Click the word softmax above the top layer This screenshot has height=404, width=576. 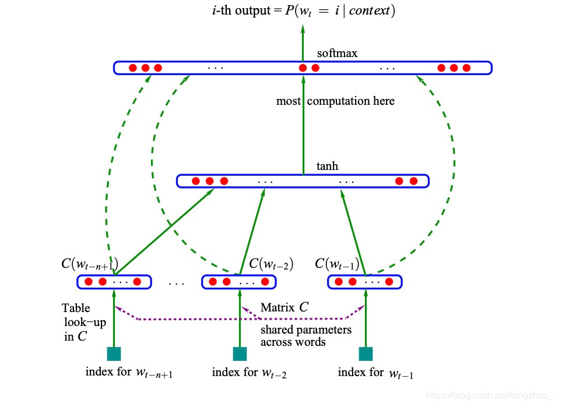tap(337, 54)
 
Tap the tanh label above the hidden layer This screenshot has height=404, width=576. tap(327, 166)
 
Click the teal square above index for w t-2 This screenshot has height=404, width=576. tap(240, 354)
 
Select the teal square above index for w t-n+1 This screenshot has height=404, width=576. tap(114, 354)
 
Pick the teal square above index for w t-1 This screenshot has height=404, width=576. tap(366, 354)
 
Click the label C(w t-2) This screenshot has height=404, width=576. tap(271, 264)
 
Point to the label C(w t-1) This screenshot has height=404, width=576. tap(336, 264)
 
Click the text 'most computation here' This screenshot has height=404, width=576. tap(335, 101)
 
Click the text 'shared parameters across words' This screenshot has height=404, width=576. tap(305, 336)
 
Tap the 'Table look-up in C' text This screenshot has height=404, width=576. tap(83, 322)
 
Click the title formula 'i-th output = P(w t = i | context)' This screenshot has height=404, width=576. tap(303, 10)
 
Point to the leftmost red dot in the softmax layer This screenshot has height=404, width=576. tap(132, 68)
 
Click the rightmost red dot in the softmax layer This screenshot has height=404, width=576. tap(466, 68)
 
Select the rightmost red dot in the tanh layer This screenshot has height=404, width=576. tap(413, 181)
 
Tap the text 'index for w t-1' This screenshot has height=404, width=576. tap(375, 373)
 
